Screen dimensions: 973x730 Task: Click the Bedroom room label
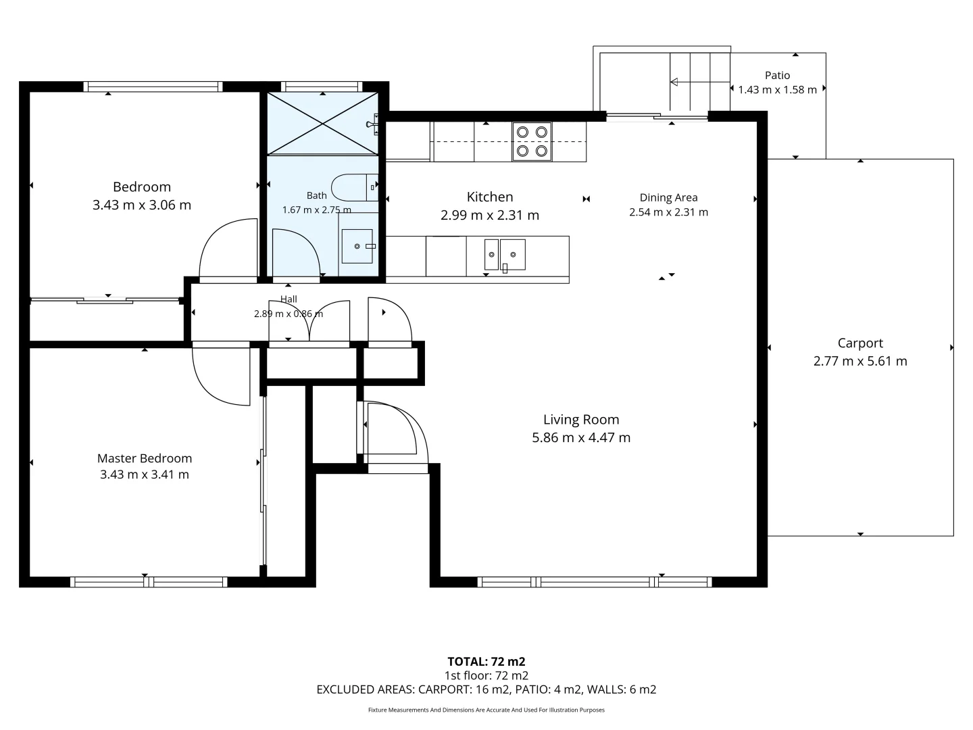[142, 187]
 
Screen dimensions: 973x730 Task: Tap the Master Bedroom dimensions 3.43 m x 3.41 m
[145, 474]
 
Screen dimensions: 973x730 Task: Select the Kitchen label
[490, 197]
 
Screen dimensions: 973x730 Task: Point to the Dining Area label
[668, 197]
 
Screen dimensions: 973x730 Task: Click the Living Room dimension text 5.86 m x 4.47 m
[581, 437]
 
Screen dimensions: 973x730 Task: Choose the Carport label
[860, 343]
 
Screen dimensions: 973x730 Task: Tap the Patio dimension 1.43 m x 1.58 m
[778, 89]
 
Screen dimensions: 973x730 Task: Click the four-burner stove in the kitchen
[532, 142]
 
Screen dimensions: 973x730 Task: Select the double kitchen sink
[505, 255]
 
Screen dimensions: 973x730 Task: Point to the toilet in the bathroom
[355, 187]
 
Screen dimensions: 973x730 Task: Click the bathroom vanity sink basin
[357, 246]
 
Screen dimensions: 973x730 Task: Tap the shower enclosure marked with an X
[322, 124]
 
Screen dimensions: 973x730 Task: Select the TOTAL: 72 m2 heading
[487, 661]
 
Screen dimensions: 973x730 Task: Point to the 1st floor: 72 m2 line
[487, 675]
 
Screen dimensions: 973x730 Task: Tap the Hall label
[289, 299]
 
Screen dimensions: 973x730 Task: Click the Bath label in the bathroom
[316, 195]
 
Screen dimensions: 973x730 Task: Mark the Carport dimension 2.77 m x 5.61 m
[860, 361]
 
